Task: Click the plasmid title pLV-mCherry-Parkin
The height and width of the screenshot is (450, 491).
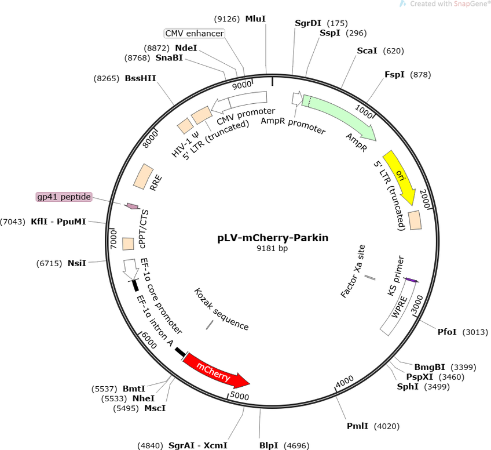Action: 273,238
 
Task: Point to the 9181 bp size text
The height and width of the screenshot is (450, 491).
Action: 272,248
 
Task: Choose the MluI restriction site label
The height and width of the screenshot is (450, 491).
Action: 255,19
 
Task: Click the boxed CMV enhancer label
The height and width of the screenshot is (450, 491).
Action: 195,33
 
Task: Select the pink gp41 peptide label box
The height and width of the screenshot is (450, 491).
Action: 64,197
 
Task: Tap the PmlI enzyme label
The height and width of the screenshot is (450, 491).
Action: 357,426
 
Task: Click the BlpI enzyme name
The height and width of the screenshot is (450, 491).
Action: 269,445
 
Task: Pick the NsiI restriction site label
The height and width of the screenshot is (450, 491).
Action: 76,263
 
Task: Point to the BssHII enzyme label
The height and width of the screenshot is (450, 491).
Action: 140,78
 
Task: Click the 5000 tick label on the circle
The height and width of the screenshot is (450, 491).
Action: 240,395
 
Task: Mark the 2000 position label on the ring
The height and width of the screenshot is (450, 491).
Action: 424,199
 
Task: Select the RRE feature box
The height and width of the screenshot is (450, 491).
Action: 144,176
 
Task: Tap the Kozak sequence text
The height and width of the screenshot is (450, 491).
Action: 221,309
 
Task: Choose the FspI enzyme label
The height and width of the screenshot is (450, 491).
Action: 394,75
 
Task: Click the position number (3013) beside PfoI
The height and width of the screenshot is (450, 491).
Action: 475,332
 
